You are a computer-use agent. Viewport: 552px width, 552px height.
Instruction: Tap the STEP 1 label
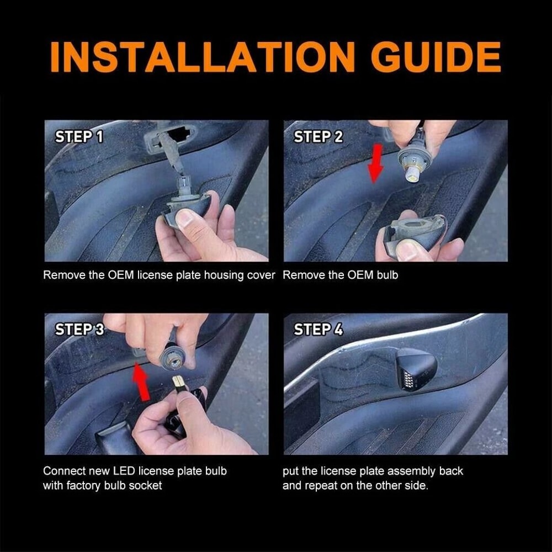(79, 137)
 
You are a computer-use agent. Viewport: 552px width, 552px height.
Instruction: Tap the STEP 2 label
(318, 137)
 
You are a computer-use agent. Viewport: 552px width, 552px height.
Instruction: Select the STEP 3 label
(79, 330)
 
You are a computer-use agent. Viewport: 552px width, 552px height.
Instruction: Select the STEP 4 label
(318, 330)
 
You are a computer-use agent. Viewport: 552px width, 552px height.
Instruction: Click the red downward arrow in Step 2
(376, 163)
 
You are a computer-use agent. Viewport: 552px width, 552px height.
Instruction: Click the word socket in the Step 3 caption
(145, 486)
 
